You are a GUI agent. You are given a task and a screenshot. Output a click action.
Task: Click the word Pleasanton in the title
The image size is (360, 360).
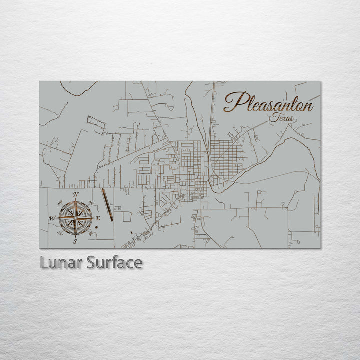(x=268, y=103)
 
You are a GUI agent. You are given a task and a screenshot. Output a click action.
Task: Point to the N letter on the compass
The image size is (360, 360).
(x=75, y=194)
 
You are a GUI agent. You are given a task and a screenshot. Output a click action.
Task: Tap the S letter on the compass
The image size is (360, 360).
(x=75, y=241)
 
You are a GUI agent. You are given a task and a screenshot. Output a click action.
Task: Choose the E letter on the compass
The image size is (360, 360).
(x=98, y=218)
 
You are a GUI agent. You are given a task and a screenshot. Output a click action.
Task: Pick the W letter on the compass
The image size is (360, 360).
(x=51, y=218)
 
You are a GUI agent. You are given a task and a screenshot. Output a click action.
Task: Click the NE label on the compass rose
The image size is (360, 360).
(x=91, y=202)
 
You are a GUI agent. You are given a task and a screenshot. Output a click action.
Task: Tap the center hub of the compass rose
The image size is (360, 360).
(x=75, y=218)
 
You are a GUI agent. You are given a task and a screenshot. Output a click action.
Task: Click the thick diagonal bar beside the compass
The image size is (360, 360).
(x=107, y=205)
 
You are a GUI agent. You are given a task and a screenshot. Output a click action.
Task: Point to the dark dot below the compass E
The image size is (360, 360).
(x=95, y=229)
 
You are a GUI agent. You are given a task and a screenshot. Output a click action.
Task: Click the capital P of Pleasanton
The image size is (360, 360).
(x=233, y=102)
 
